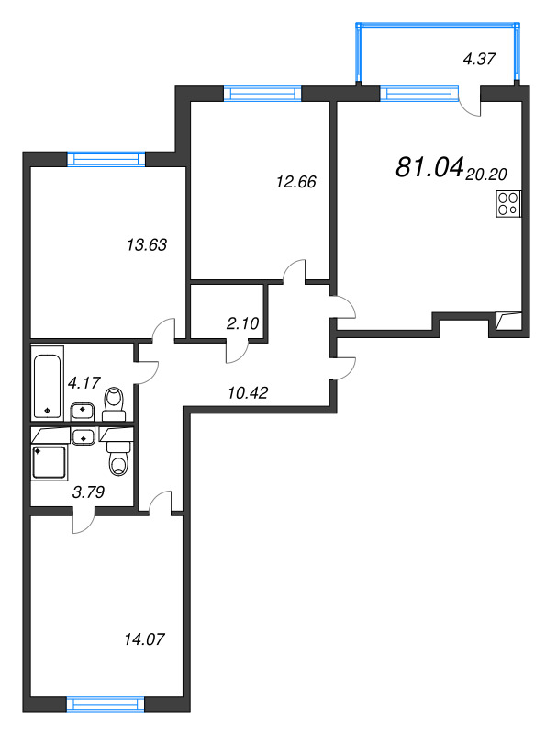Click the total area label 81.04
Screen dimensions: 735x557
tap(428, 167)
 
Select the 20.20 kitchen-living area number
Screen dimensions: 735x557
tap(487, 172)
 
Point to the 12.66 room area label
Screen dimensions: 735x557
tap(295, 182)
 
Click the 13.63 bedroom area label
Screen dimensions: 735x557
tap(146, 245)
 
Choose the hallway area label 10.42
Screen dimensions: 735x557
tap(247, 392)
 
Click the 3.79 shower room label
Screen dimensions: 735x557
tap(88, 492)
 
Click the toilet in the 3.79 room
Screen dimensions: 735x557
tap(119, 455)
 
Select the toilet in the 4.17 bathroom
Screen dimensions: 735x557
tap(115, 401)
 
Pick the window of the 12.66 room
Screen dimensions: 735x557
tap(263, 93)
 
